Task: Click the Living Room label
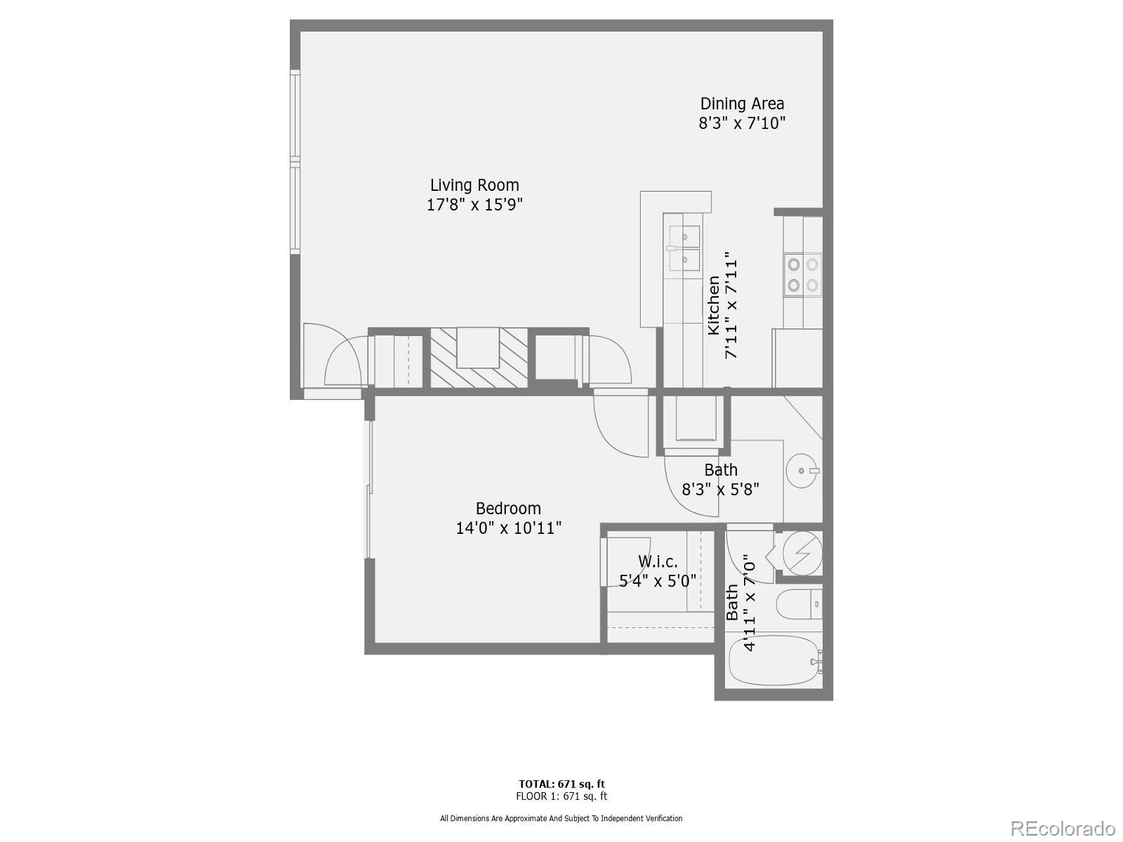click(474, 185)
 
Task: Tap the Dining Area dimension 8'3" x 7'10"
click(741, 123)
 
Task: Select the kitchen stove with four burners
click(803, 274)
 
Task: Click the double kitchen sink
click(684, 248)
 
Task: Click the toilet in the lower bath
click(799, 605)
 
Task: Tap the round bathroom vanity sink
click(802, 471)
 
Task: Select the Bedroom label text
click(508, 509)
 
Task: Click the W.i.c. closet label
click(658, 562)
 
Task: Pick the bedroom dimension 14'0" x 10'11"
click(508, 528)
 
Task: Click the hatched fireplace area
click(478, 358)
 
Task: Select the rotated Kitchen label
click(713, 305)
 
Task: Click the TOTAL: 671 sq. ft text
click(561, 784)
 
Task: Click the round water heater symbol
click(802, 552)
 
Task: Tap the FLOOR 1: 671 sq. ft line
click(561, 796)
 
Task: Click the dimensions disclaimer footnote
click(561, 818)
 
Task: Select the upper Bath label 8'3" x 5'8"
click(721, 479)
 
